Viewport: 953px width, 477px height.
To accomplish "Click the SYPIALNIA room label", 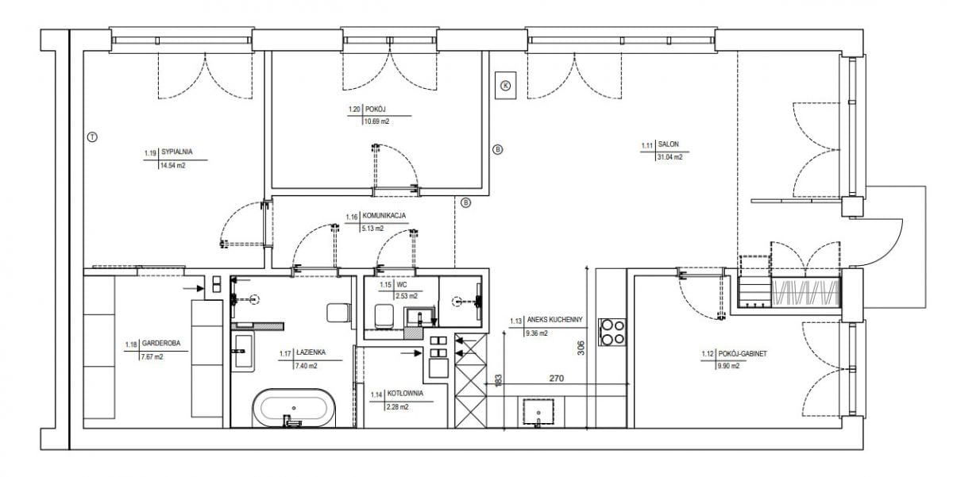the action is (x=176, y=152).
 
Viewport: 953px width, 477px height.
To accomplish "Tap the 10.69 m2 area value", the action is (x=376, y=121).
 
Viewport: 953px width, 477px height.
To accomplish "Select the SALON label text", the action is (x=669, y=144).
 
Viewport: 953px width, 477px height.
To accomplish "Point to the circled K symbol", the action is (x=505, y=86).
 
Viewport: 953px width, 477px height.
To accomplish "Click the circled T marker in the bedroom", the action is (x=92, y=137).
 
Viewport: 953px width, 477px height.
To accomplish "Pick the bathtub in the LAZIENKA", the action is (x=294, y=407).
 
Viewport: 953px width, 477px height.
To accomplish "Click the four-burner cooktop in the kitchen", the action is (x=612, y=332).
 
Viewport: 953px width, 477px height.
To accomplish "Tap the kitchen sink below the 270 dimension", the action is (x=538, y=412).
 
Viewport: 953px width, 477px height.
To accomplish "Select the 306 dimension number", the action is (x=581, y=348).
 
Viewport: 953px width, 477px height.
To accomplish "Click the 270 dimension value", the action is (x=557, y=379).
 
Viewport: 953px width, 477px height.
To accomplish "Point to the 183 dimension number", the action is (x=499, y=379).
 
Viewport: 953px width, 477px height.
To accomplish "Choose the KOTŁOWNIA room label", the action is (x=405, y=394).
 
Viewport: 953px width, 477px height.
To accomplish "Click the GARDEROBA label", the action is (x=160, y=343).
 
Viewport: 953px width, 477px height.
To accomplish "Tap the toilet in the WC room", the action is (x=384, y=316).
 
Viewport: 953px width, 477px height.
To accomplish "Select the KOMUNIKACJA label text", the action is (x=384, y=216).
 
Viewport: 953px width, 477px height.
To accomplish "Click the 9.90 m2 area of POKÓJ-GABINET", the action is (x=728, y=366).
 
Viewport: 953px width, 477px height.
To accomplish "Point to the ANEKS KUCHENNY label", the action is (x=554, y=320).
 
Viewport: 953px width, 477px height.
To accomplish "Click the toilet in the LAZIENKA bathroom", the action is (x=338, y=313).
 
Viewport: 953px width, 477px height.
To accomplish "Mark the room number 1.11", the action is (x=646, y=145).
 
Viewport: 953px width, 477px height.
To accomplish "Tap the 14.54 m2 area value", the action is (x=172, y=166).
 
